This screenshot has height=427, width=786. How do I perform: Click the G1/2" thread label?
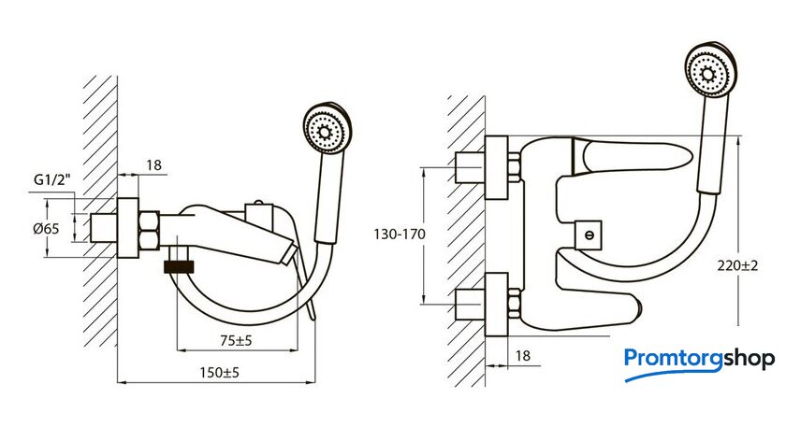click(x=52, y=179)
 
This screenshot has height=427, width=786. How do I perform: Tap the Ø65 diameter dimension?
click(x=46, y=229)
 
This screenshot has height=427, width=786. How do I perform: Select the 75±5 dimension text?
click(x=236, y=341)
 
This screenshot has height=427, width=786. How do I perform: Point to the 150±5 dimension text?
click(x=220, y=373)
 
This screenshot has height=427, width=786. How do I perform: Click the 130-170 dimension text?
click(x=400, y=235)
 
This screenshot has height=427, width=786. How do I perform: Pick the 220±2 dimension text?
click(x=737, y=265)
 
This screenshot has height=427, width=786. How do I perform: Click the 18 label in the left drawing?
click(x=153, y=165)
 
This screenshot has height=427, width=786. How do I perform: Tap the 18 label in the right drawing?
click(x=522, y=356)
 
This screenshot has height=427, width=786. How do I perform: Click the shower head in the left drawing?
click(x=327, y=128)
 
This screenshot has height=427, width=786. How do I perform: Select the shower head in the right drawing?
click(x=711, y=71)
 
